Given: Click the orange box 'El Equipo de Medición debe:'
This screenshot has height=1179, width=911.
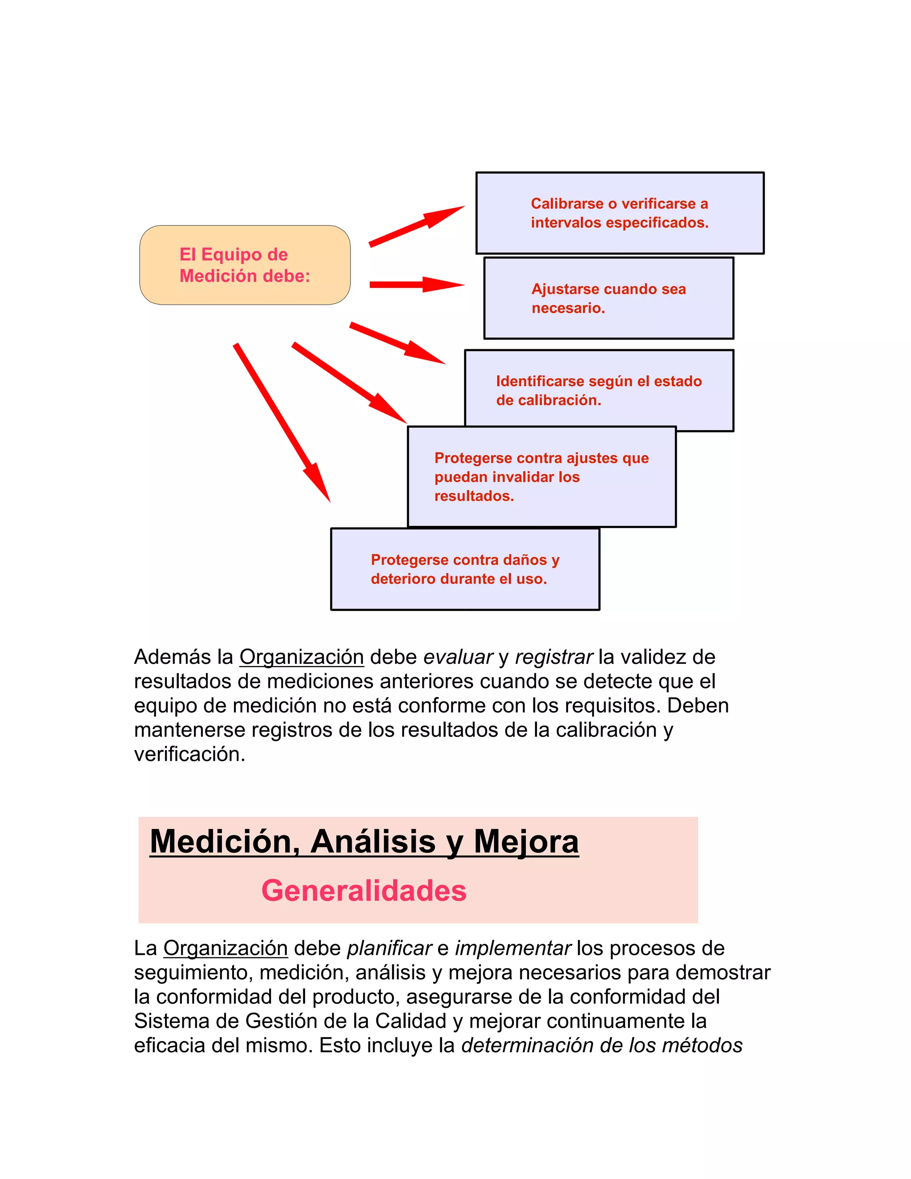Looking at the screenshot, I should tap(245, 265).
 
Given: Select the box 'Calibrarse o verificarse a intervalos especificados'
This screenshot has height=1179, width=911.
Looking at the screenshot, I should tap(619, 213).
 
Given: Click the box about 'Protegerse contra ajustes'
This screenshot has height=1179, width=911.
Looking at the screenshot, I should tap(541, 476).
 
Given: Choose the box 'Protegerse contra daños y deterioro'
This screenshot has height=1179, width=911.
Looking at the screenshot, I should tap(465, 569).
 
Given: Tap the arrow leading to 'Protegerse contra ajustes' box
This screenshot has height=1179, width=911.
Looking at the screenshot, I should tap(349, 382).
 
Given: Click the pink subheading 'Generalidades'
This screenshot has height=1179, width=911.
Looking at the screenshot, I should tap(364, 890).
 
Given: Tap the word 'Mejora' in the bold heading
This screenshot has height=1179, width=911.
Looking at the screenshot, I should tap(526, 842).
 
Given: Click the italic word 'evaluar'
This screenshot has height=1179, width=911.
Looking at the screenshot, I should tap(458, 657).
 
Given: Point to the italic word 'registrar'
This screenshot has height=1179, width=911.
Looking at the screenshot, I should tap(554, 657).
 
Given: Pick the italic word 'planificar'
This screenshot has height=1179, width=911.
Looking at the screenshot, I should tap(389, 948).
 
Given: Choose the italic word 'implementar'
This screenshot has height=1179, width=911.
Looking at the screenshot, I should tap(513, 948).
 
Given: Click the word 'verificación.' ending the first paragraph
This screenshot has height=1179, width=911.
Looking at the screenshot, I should tap(189, 754).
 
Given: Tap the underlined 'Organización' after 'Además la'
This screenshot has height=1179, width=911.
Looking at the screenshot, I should tap(301, 657).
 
